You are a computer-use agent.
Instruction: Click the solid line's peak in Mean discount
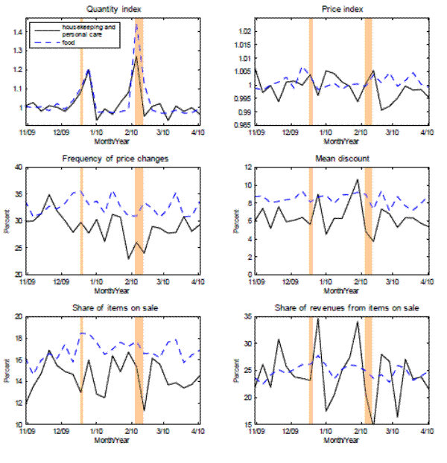[x=358, y=179]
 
